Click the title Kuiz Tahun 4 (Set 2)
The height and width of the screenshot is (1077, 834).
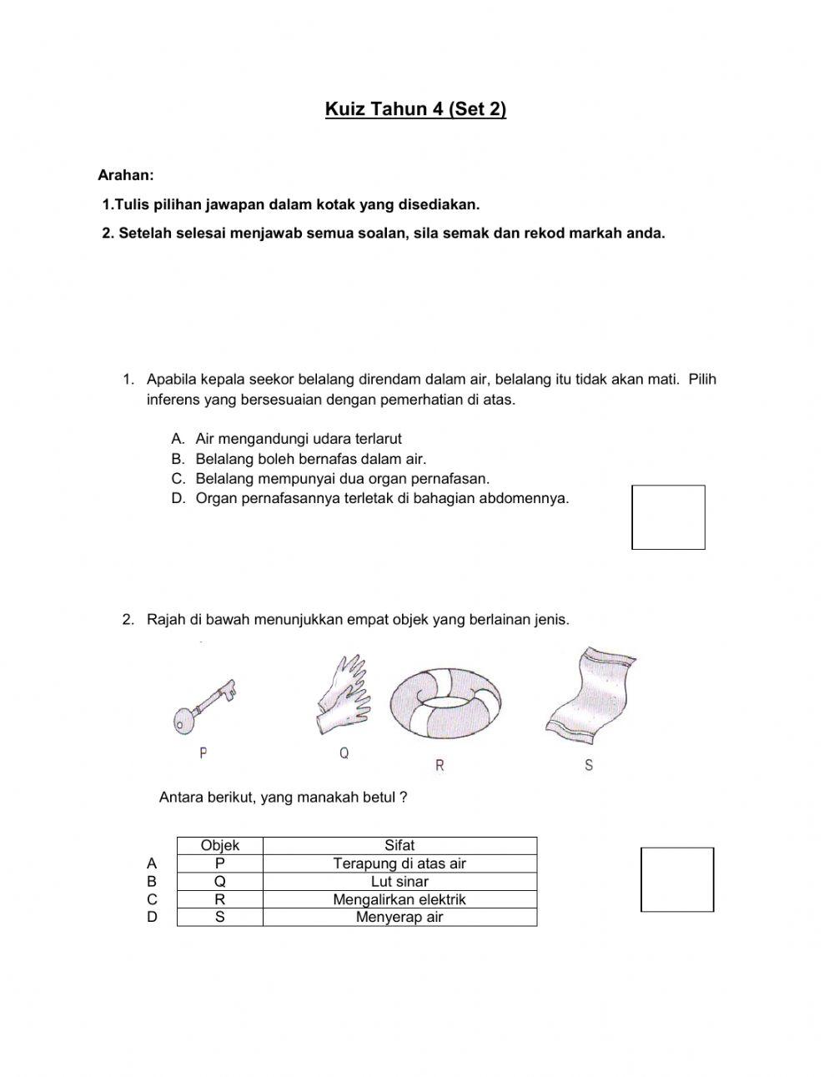[415, 109]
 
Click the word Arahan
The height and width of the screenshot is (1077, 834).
[126, 175]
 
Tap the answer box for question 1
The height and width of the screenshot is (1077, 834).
[668, 517]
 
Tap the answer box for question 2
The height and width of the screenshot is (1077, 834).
[677, 879]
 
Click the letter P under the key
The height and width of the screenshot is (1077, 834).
[203, 753]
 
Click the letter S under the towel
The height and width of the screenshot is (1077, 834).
[589, 765]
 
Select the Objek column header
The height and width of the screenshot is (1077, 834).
[220, 845]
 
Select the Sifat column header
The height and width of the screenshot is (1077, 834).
[399, 845]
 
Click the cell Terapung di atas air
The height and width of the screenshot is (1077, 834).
[399, 863]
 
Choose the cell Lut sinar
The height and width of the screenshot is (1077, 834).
[399, 882]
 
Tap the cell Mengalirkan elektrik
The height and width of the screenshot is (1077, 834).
[399, 899]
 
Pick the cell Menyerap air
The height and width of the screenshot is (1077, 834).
[399, 917]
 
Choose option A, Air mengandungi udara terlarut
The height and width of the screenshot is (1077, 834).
[298, 439]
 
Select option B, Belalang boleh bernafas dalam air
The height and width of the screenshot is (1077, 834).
[310, 459]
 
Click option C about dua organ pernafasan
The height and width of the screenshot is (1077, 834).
[342, 479]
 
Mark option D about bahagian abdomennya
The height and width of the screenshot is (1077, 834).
[381, 499]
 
